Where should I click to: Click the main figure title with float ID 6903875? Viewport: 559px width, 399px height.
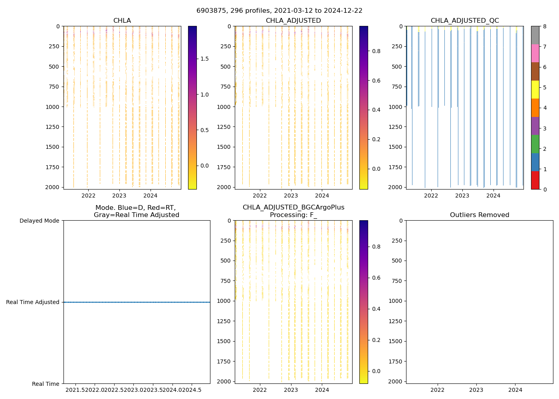point(279,11)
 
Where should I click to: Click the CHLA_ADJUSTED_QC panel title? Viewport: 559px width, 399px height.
point(465,21)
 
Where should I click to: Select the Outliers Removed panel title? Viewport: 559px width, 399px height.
point(480,215)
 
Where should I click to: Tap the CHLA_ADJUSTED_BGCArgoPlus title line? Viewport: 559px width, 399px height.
point(293,207)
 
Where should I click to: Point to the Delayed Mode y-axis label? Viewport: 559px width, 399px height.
point(39,221)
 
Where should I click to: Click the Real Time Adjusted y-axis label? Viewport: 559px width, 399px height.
point(33,302)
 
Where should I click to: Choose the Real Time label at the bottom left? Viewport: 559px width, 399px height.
point(46,384)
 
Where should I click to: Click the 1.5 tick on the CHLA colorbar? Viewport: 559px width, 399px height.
point(204,59)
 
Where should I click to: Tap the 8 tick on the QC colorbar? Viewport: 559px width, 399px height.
point(545,26)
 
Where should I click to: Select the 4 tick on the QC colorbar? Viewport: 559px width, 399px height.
point(545,108)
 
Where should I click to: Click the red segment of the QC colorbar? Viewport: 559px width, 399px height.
point(535,180)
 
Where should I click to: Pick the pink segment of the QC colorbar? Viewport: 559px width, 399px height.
point(535,53)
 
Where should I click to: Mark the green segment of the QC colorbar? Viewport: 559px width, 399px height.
point(535,144)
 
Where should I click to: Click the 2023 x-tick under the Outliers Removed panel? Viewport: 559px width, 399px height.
point(476,390)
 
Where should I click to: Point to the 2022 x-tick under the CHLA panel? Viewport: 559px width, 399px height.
point(88,196)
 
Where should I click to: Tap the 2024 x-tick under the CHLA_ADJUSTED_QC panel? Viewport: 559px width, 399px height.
point(494,196)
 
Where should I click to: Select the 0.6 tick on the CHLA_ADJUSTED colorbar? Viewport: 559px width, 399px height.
point(376,81)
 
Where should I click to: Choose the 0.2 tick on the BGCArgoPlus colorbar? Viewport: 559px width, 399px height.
point(376,340)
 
